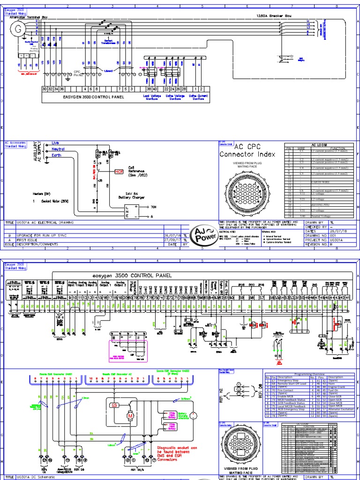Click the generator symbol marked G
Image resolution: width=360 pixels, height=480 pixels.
19,29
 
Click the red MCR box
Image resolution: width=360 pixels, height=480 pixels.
119,172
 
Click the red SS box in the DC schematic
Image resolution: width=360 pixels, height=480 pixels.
114,405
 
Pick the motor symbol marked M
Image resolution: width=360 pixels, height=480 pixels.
131,416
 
